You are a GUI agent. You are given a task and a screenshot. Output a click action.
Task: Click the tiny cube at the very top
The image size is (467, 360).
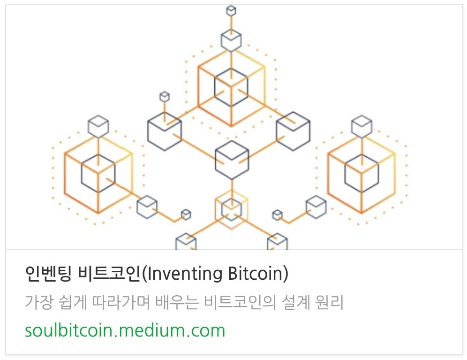(x=231, y=11)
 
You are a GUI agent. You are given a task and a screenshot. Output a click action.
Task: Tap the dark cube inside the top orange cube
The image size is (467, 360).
(x=231, y=87)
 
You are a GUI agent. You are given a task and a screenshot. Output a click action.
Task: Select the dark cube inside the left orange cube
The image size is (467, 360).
(x=98, y=173)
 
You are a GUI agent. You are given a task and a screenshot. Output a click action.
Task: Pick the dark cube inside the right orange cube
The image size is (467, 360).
(x=362, y=173)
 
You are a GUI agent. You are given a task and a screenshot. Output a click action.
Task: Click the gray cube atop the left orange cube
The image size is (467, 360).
(x=98, y=126)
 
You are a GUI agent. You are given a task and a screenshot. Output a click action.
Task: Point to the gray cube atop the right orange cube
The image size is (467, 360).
(x=362, y=126)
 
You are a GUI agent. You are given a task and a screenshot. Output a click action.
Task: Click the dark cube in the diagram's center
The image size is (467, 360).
(x=232, y=160)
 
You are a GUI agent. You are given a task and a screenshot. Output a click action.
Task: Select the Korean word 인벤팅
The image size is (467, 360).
(x=48, y=274)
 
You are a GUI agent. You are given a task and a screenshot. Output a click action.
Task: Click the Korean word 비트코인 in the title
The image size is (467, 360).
(x=109, y=274)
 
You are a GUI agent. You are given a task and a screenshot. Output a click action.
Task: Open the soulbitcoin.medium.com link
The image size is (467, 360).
(x=125, y=330)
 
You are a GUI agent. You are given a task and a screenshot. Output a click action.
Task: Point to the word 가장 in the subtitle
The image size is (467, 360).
(x=39, y=302)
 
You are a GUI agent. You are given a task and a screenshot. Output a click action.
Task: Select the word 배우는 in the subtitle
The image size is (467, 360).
(x=177, y=302)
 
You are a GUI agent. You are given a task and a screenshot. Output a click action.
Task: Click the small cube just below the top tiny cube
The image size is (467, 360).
(x=231, y=40)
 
